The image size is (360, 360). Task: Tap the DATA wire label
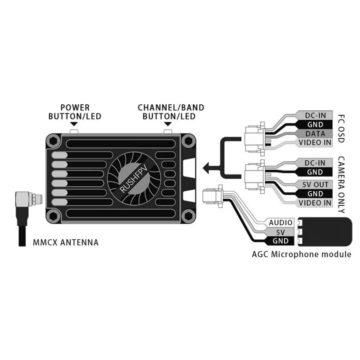pyautogui.click(x=315, y=134)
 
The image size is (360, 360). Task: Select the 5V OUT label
pyautogui.click(x=315, y=184)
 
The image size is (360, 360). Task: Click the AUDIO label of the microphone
pyautogui.click(x=280, y=223)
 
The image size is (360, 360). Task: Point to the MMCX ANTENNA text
pyautogui.click(x=65, y=242)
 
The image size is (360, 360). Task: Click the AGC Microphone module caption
pyautogui.click(x=301, y=254)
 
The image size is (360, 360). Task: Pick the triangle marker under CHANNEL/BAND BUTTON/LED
pyautogui.click(x=168, y=124)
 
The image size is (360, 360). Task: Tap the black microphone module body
pyautogui.click(x=327, y=231)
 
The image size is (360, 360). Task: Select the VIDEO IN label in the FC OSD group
pyautogui.click(x=315, y=143)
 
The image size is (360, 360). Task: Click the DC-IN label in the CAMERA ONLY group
pyautogui.click(x=315, y=163)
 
